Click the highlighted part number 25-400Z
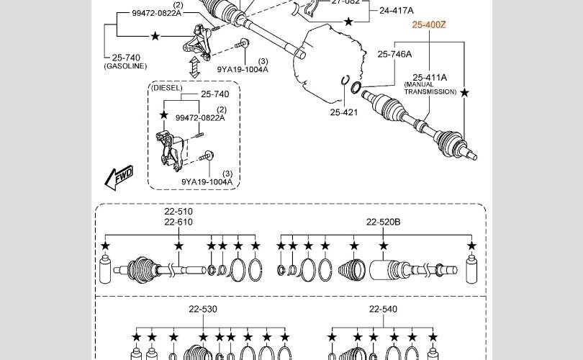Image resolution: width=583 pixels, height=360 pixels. click(x=429, y=24)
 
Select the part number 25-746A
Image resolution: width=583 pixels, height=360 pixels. click(x=394, y=54)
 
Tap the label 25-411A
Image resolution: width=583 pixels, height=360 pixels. click(x=430, y=77)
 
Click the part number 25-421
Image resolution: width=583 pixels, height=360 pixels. click(x=343, y=112)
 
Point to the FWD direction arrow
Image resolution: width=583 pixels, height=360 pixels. click(x=118, y=176)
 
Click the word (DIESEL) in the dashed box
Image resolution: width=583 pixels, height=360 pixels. click(x=166, y=88)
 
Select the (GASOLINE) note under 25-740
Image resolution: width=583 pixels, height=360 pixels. click(x=125, y=66)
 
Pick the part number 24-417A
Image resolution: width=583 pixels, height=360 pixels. click(x=396, y=11)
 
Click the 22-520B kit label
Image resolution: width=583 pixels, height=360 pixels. click(x=383, y=222)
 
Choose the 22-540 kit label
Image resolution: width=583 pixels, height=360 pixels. click(x=383, y=309)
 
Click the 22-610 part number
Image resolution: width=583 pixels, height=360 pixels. click(x=178, y=222)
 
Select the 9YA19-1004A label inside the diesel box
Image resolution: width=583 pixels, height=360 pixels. click(x=207, y=182)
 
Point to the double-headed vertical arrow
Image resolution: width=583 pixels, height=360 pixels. click(x=194, y=68)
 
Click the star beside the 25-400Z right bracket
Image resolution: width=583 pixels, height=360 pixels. click(x=464, y=93)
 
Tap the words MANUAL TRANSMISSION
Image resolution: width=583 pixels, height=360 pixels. click(x=430, y=89)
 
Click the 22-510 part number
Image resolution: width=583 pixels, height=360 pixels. click(x=178, y=212)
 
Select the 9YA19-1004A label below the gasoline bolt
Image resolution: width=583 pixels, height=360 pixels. click(x=243, y=69)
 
